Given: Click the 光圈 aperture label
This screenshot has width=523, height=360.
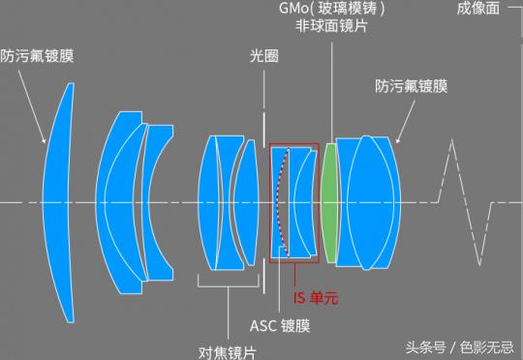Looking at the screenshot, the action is (263, 57).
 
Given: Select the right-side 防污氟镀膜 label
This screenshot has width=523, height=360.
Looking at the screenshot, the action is (412, 86).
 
